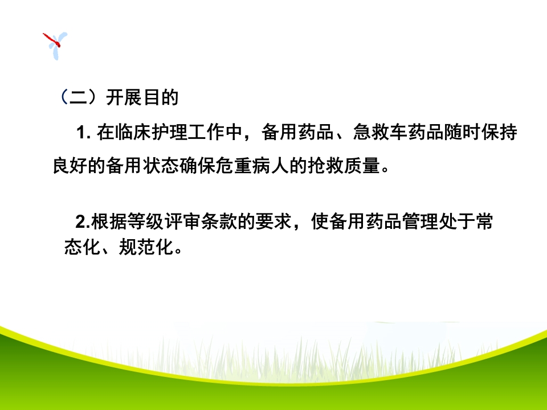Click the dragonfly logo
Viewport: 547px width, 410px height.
[55, 45]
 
